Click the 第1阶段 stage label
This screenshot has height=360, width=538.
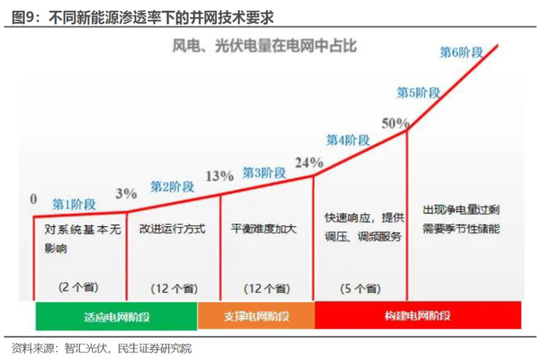74,205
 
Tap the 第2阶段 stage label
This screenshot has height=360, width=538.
172,186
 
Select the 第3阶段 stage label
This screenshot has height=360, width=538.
264,172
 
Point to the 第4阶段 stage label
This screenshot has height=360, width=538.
348,140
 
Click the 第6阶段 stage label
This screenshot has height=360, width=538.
460,52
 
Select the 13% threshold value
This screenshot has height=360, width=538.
220,175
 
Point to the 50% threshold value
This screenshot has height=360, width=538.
394,122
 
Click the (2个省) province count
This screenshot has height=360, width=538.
77,286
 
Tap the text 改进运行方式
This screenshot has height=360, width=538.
172,229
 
